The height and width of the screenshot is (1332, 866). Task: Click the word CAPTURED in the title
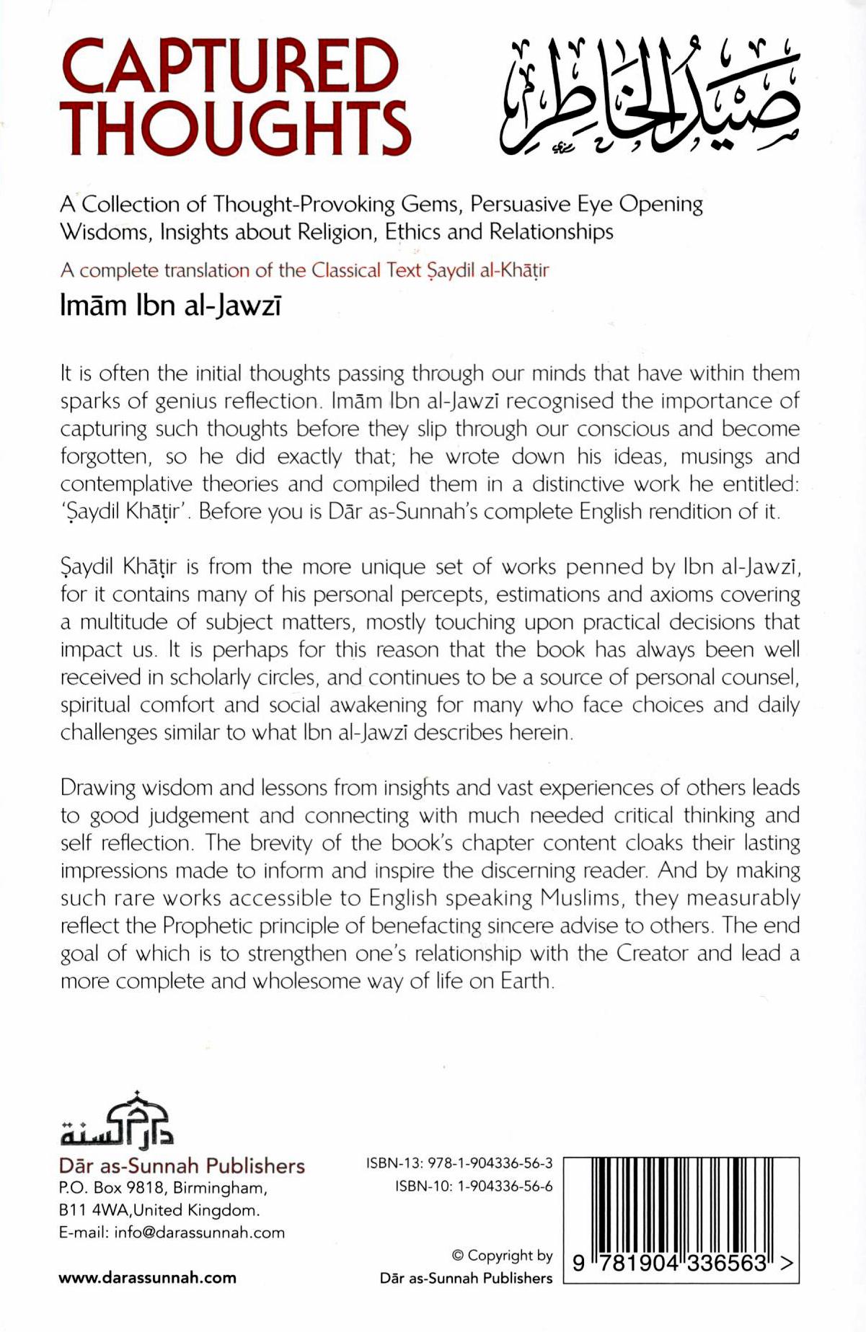(x=229, y=67)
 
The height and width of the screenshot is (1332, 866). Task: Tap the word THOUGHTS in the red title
(x=235, y=128)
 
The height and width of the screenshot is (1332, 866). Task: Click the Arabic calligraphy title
(x=649, y=97)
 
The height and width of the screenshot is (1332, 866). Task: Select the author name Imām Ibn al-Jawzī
(x=170, y=306)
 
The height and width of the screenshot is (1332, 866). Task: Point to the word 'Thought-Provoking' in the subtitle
(x=304, y=205)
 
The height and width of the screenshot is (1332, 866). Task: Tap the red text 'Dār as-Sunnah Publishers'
(x=182, y=1165)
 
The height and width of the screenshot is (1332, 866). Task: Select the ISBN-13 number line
(x=459, y=1163)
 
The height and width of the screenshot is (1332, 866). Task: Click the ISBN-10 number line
(x=474, y=1186)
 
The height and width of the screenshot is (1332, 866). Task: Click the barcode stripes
(x=681, y=1204)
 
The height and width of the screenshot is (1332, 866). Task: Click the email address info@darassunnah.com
(x=199, y=1233)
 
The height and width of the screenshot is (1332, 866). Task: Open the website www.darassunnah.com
(x=147, y=1278)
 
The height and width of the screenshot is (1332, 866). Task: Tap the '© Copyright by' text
(x=502, y=1255)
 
